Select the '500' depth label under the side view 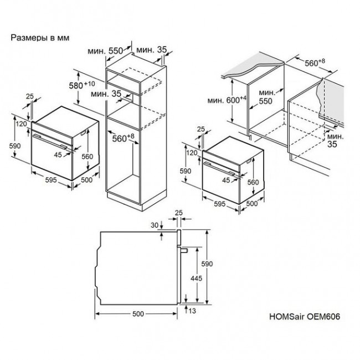tap(138, 314)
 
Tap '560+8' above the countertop tap(316, 63)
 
